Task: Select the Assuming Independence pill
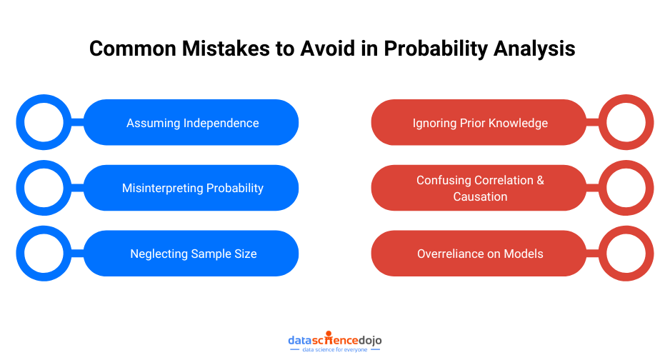coord(191,123)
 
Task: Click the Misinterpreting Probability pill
coord(191,188)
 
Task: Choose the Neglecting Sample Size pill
coord(191,254)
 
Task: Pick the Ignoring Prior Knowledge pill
coord(479,123)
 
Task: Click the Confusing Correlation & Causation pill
coord(479,188)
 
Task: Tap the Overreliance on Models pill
coord(479,254)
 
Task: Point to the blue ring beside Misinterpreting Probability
coord(44,188)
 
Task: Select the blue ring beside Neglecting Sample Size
coord(44,254)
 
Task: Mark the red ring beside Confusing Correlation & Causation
coord(626,188)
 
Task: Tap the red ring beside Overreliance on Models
coord(626,254)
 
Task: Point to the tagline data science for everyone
coord(335,350)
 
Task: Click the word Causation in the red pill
coord(480,196)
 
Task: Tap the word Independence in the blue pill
coord(221,123)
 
